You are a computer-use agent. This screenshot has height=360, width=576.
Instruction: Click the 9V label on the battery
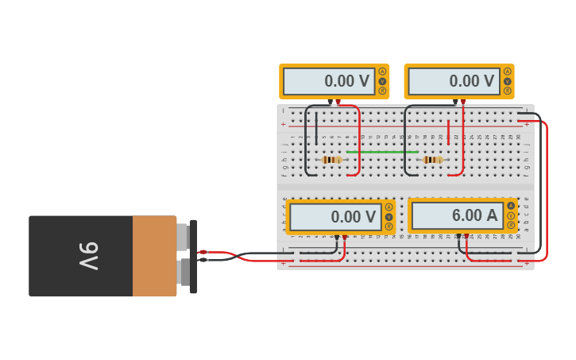point(88,256)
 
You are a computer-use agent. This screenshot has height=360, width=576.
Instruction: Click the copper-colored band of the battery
point(154,256)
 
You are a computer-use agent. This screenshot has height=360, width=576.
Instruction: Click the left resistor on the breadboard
point(332,160)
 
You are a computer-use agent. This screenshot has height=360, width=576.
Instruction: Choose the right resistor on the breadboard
point(433,160)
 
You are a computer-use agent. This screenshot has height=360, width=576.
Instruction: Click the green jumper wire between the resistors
point(382,152)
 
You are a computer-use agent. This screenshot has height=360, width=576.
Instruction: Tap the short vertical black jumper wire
point(316,127)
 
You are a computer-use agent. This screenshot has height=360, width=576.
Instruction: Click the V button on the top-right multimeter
point(508,81)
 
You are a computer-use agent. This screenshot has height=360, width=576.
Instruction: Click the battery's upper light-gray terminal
point(183,236)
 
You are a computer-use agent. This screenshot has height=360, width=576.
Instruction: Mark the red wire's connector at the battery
point(203,252)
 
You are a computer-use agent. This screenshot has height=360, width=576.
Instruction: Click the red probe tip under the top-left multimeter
point(338,102)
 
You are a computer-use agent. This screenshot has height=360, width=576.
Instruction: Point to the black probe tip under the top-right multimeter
point(455,102)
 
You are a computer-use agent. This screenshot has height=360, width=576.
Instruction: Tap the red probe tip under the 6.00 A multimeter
point(466,236)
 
